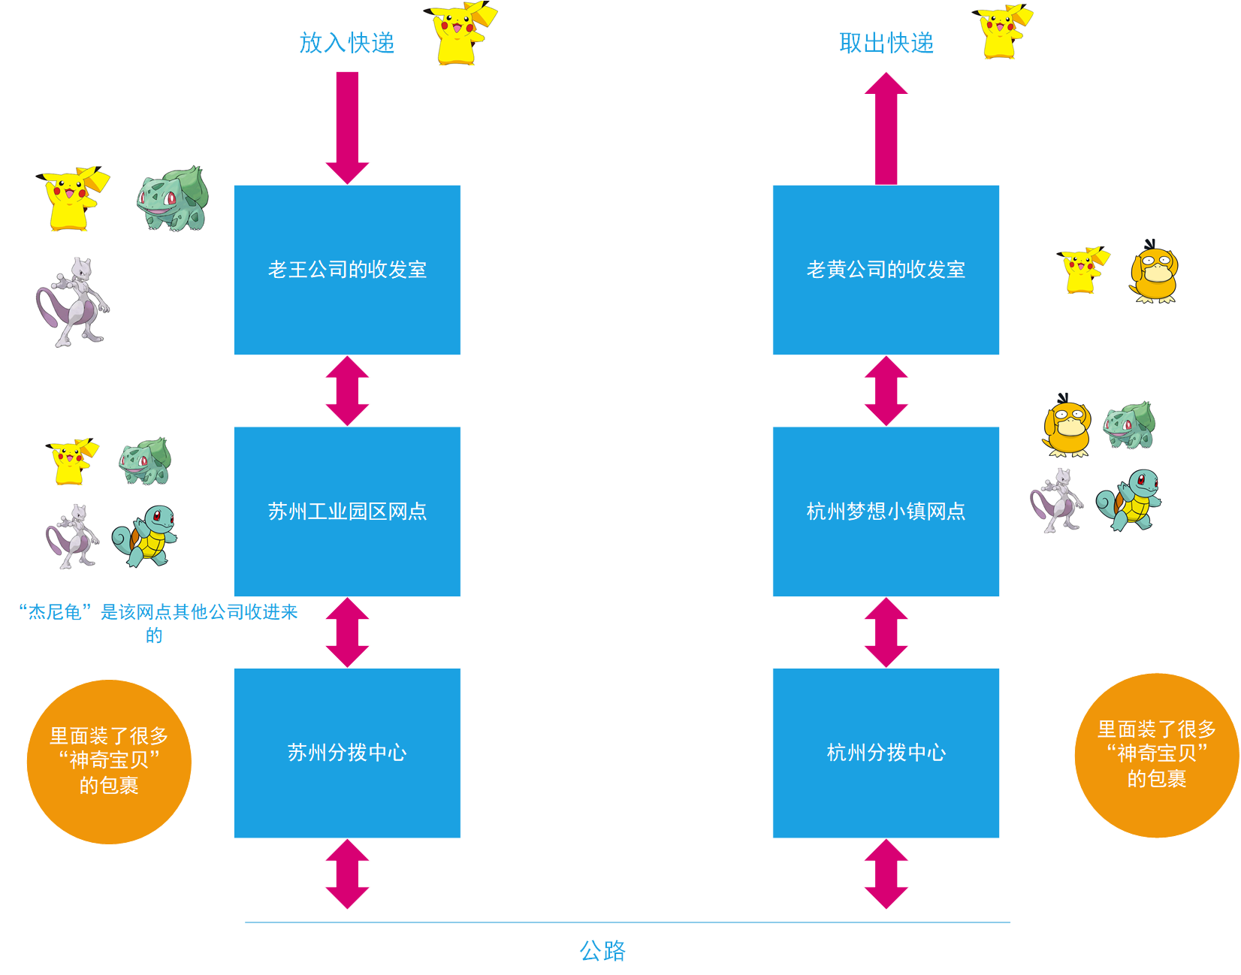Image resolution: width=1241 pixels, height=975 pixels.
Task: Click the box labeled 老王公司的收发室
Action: (347, 270)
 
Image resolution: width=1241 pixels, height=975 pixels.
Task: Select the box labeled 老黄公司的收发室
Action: (886, 270)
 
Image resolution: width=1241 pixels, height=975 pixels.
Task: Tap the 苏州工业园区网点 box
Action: (347, 512)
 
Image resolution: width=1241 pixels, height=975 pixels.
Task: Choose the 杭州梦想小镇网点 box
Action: (886, 512)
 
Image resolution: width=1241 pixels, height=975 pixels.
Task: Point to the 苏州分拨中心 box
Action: (347, 753)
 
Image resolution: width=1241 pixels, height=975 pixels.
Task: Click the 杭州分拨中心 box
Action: (886, 753)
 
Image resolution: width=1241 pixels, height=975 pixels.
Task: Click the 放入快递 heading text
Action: (346, 43)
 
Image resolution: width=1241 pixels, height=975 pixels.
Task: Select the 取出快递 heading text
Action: (886, 43)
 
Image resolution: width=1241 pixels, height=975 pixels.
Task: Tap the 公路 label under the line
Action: (602, 951)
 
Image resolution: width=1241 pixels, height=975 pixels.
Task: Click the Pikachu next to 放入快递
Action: (460, 34)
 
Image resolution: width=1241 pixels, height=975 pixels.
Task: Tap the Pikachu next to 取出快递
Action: (1003, 32)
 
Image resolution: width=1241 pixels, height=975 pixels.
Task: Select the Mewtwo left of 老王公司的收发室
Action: (73, 302)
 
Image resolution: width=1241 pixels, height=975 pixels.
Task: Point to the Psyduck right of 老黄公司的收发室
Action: (1154, 273)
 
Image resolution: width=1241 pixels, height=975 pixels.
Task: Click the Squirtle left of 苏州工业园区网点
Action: (146, 536)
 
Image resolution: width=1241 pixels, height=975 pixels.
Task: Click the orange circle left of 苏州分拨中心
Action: (109, 762)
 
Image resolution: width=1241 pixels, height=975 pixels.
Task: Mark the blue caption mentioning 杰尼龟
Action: (158, 623)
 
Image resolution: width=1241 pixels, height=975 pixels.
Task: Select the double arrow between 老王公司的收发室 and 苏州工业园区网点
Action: (347, 391)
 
